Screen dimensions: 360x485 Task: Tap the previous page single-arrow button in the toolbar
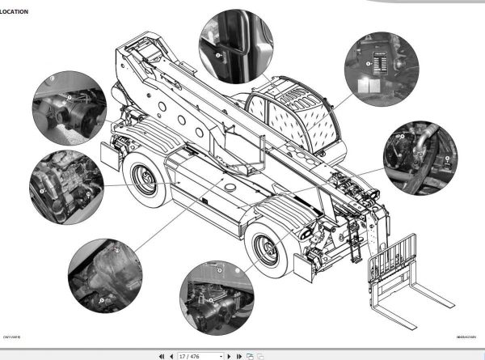[x=171, y=355]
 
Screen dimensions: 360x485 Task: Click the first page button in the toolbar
[x=162, y=355]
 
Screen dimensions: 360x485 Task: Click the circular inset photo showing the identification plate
[x=377, y=70]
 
